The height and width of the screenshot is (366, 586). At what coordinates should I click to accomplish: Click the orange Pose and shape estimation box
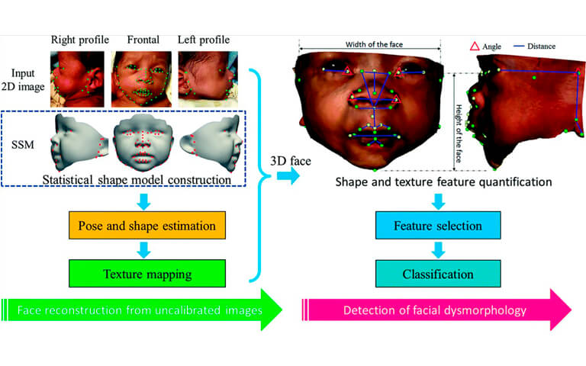(146, 225)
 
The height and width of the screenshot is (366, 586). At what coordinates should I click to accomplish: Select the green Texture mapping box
(146, 274)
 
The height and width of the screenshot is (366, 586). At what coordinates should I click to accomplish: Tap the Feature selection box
(438, 225)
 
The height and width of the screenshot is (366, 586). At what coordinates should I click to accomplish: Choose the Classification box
(438, 274)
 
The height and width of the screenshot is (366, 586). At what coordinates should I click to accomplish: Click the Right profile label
(80, 40)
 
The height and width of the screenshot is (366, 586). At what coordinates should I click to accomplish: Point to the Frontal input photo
(141, 79)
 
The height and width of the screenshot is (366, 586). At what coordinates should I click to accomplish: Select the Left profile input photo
(208, 79)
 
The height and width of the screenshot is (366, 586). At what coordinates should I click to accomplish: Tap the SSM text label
(23, 145)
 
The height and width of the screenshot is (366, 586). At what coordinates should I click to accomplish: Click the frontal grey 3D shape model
(143, 143)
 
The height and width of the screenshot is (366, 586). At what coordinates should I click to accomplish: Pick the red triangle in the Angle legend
(475, 47)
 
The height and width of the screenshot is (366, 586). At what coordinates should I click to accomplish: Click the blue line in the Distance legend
(519, 46)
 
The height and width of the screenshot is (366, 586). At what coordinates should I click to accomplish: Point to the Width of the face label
(374, 44)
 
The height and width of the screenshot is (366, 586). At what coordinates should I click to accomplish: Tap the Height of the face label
(459, 133)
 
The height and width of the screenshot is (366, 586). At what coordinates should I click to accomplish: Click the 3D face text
(291, 161)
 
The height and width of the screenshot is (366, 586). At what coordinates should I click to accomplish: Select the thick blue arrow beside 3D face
(288, 175)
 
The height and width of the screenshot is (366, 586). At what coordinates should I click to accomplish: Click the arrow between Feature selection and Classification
(438, 250)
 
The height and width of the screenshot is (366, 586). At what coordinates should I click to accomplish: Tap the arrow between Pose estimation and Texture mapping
(143, 250)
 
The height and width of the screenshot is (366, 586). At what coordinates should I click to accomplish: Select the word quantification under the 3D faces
(515, 182)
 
